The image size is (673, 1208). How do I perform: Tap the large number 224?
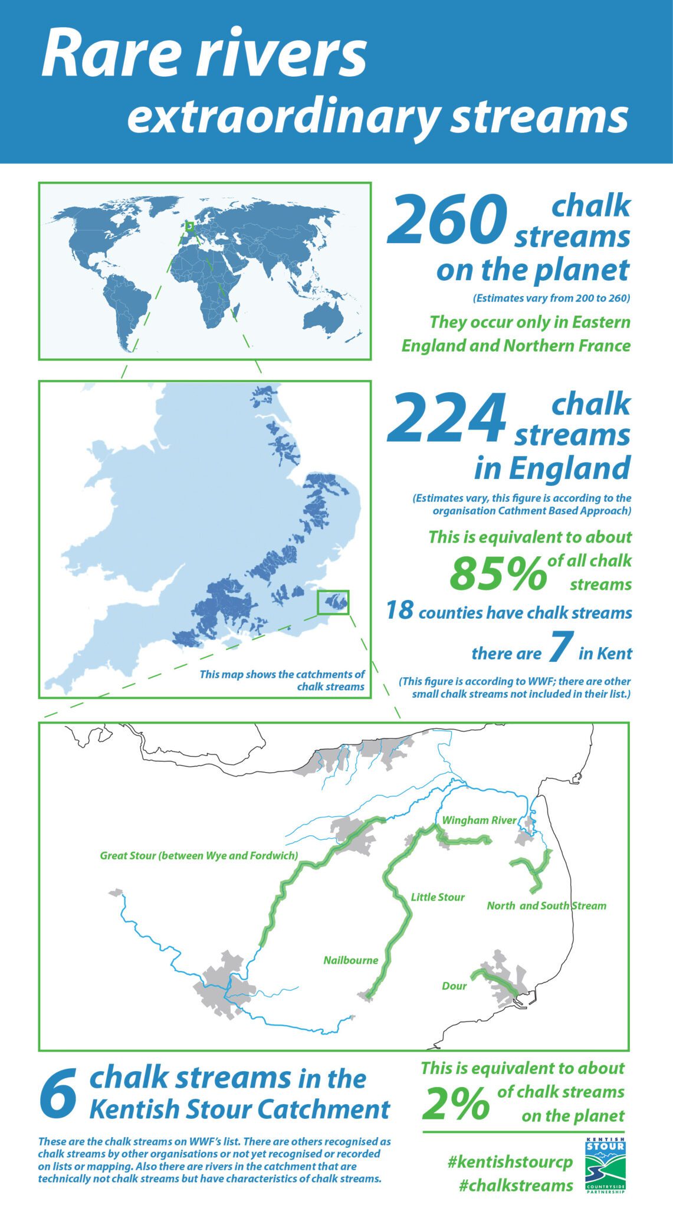point(447,419)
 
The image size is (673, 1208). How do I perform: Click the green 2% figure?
point(455,1104)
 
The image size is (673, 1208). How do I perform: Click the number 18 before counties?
point(399,611)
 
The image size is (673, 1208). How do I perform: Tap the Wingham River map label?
point(479,820)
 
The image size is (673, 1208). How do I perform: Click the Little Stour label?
point(438,897)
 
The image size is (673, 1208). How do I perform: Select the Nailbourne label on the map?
point(350,960)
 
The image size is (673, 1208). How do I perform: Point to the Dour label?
point(454,986)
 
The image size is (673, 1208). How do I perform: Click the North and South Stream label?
point(546,906)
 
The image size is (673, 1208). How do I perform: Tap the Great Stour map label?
point(199,855)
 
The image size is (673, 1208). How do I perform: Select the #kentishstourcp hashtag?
point(510,1162)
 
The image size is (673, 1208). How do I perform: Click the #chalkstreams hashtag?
point(516,1186)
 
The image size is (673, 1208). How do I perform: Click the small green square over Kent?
point(333,602)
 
